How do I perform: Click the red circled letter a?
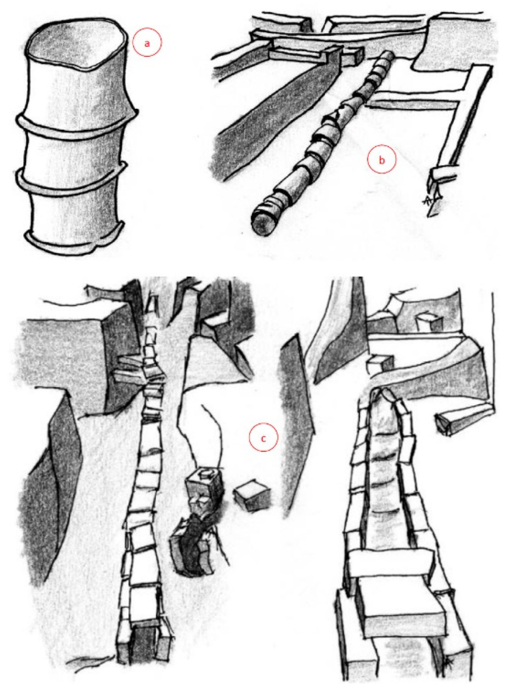[147, 42]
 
